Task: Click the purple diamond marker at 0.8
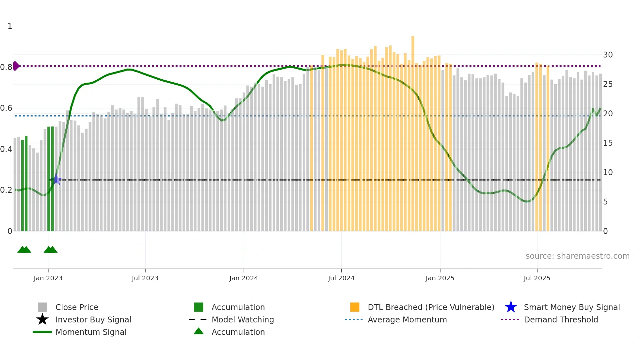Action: [16, 66]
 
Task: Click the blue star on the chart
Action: [56, 179]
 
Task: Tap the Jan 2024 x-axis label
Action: [244, 278]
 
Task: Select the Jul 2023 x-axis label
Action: [145, 278]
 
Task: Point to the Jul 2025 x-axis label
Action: [537, 278]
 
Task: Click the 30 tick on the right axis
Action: [608, 55]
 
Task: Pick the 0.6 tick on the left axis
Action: [6, 108]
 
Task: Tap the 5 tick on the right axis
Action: [605, 202]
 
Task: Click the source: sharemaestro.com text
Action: [577, 256]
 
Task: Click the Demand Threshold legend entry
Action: [561, 320]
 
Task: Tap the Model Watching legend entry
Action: [243, 320]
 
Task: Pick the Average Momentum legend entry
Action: [407, 320]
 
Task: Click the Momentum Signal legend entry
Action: [91, 332]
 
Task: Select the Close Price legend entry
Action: [77, 307]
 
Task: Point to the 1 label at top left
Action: [10, 26]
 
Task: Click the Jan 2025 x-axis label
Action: [440, 278]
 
